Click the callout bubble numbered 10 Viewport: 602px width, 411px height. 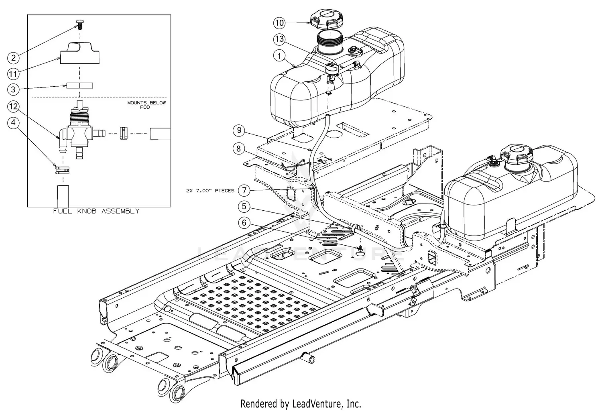279,23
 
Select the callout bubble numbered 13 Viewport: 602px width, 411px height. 279,39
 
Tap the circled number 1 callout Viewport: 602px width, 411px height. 279,56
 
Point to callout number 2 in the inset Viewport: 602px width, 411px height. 14,58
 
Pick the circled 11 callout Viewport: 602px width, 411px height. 14,74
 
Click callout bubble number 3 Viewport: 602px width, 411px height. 14,90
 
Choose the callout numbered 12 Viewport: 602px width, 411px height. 14,106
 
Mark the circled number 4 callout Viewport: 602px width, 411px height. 14,122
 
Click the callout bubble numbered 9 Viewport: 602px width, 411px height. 239,130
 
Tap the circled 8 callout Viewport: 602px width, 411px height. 239,149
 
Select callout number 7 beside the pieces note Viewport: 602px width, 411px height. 244,190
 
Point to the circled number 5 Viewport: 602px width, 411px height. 244,207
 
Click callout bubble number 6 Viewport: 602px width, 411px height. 244,223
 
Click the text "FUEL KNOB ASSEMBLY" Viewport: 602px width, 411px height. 96,211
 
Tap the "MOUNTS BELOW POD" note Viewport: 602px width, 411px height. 146,105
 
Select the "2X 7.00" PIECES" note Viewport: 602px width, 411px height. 210,191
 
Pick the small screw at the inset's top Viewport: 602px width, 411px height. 79,22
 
